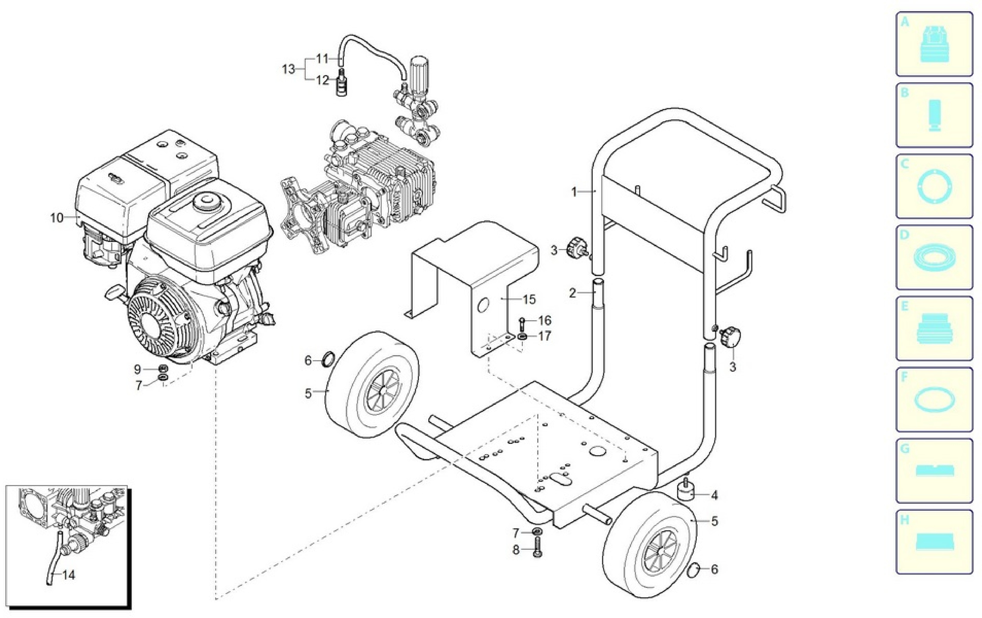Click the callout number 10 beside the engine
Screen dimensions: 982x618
point(57,218)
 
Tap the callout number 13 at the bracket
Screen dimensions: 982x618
point(288,69)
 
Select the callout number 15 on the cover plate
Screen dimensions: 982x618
point(529,299)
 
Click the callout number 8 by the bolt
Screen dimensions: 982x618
point(516,550)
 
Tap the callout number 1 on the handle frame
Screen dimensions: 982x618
point(574,192)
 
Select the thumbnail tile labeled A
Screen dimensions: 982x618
point(934,44)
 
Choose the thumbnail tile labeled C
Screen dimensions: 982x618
point(934,186)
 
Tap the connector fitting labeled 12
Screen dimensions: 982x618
point(340,83)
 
